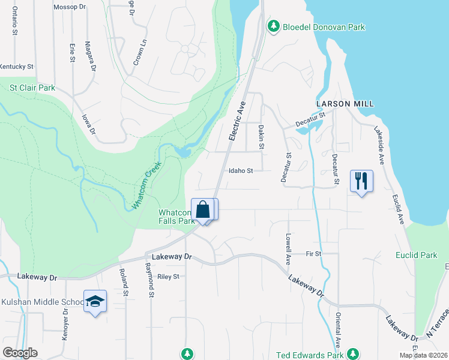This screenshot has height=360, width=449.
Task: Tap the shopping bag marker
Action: click(203, 209)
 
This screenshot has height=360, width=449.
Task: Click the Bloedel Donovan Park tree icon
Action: click(273, 26)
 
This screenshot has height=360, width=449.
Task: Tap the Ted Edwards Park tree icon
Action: click(354, 354)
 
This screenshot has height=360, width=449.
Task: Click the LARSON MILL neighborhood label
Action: click(345, 104)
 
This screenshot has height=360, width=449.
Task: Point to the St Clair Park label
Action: click(32, 88)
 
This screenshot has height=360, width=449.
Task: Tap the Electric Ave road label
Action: click(238, 122)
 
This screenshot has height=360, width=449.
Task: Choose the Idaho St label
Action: click(241, 170)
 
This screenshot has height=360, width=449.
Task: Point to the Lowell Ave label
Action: click(289, 249)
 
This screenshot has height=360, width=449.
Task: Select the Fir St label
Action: click(313, 254)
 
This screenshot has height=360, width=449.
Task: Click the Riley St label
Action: click(168, 277)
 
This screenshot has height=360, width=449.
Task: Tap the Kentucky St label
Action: click(17, 66)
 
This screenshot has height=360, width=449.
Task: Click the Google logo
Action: click(20, 353)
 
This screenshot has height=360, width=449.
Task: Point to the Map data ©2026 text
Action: click(423, 355)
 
